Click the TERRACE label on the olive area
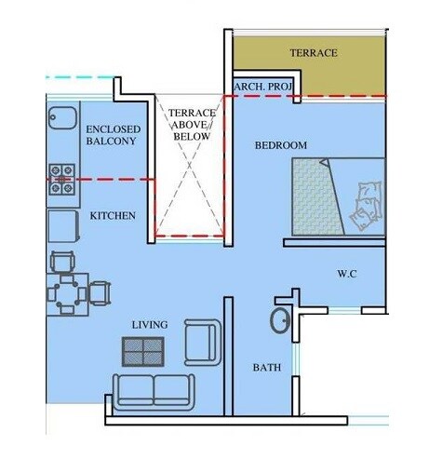click(x=314, y=53)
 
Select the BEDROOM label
click(x=280, y=146)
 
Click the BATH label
click(x=267, y=368)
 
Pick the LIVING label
click(x=149, y=324)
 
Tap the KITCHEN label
click(x=113, y=216)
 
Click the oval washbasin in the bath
click(x=278, y=320)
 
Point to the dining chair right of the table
click(x=100, y=294)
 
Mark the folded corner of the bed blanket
click(x=324, y=164)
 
